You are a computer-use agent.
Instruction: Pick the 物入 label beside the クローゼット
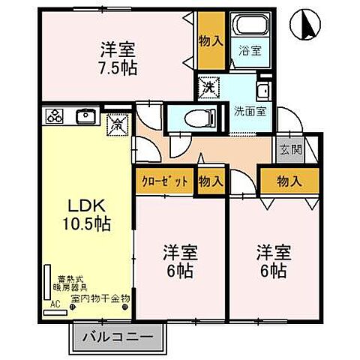pyautogui.click(x=210, y=180)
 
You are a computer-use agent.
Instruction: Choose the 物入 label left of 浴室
pyautogui.click(x=210, y=40)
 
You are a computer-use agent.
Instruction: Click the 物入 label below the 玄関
pyautogui.click(x=289, y=180)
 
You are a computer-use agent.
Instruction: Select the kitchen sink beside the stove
pyautogui.click(x=85, y=115)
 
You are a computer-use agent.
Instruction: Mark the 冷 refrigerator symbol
pyautogui.click(x=118, y=122)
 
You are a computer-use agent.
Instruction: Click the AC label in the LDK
pyautogui.click(x=54, y=305)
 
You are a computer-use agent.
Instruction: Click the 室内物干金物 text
pyautogui.click(x=100, y=298)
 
